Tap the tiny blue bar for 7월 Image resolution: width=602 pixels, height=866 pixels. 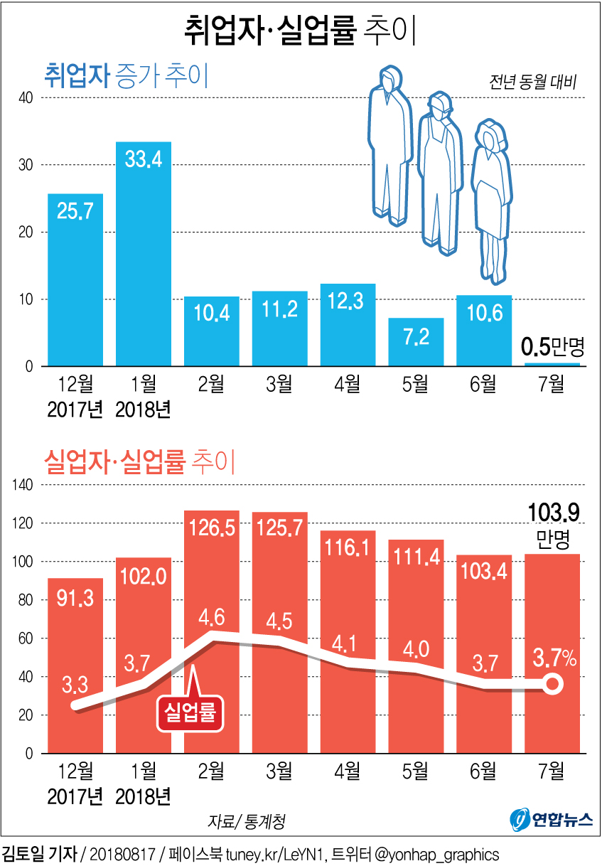[552, 364]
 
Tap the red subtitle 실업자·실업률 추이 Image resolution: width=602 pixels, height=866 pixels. [139, 462]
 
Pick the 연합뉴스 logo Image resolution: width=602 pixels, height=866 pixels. [552, 820]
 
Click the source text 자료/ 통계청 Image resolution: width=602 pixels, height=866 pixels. [247, 821]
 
